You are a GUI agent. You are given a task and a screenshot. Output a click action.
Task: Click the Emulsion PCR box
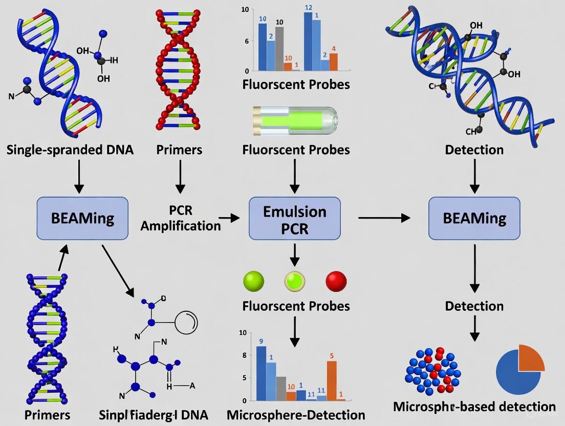tap(294, 219)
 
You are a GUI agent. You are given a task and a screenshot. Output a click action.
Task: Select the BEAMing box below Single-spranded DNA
tap(82, 219)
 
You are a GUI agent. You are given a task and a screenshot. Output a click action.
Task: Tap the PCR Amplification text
tap(180, 218)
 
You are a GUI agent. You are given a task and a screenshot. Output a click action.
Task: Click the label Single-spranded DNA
tap(70, 150)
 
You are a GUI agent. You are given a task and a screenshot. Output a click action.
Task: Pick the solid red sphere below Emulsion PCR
tap(336, 282)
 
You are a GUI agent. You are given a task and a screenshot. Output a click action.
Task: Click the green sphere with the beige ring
tap(295, 282)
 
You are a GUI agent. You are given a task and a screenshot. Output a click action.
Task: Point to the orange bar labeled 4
tap(334, 61)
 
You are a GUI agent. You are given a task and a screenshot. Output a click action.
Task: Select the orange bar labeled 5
tap(332, 380)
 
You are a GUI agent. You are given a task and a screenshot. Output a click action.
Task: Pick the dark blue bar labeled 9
tap(261, 373)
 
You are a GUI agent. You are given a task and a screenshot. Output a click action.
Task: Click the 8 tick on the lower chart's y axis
tap(244, 355)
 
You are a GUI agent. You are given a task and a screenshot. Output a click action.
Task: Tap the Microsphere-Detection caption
tap(296, 415)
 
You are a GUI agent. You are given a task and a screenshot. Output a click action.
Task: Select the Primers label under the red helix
tap(179, 150)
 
